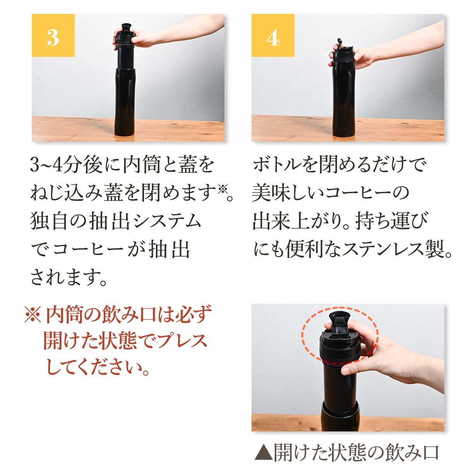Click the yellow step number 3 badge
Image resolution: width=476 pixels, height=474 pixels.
[53, 35]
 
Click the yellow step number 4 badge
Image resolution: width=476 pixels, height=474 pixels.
[273, 35]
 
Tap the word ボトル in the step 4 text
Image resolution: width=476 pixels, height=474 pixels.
[278, 165]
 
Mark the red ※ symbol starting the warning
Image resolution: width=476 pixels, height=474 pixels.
[33, 314]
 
